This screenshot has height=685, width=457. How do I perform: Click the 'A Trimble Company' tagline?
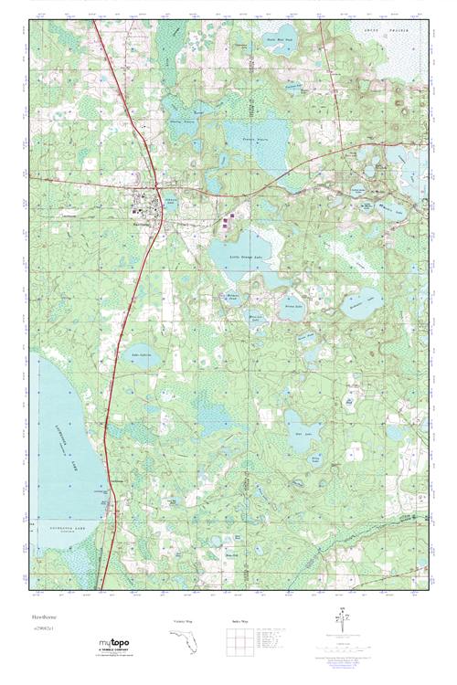tap(108, 650)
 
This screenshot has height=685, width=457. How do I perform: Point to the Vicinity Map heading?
tap(184, 621)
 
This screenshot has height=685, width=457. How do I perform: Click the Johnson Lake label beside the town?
tap(171, 203)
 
